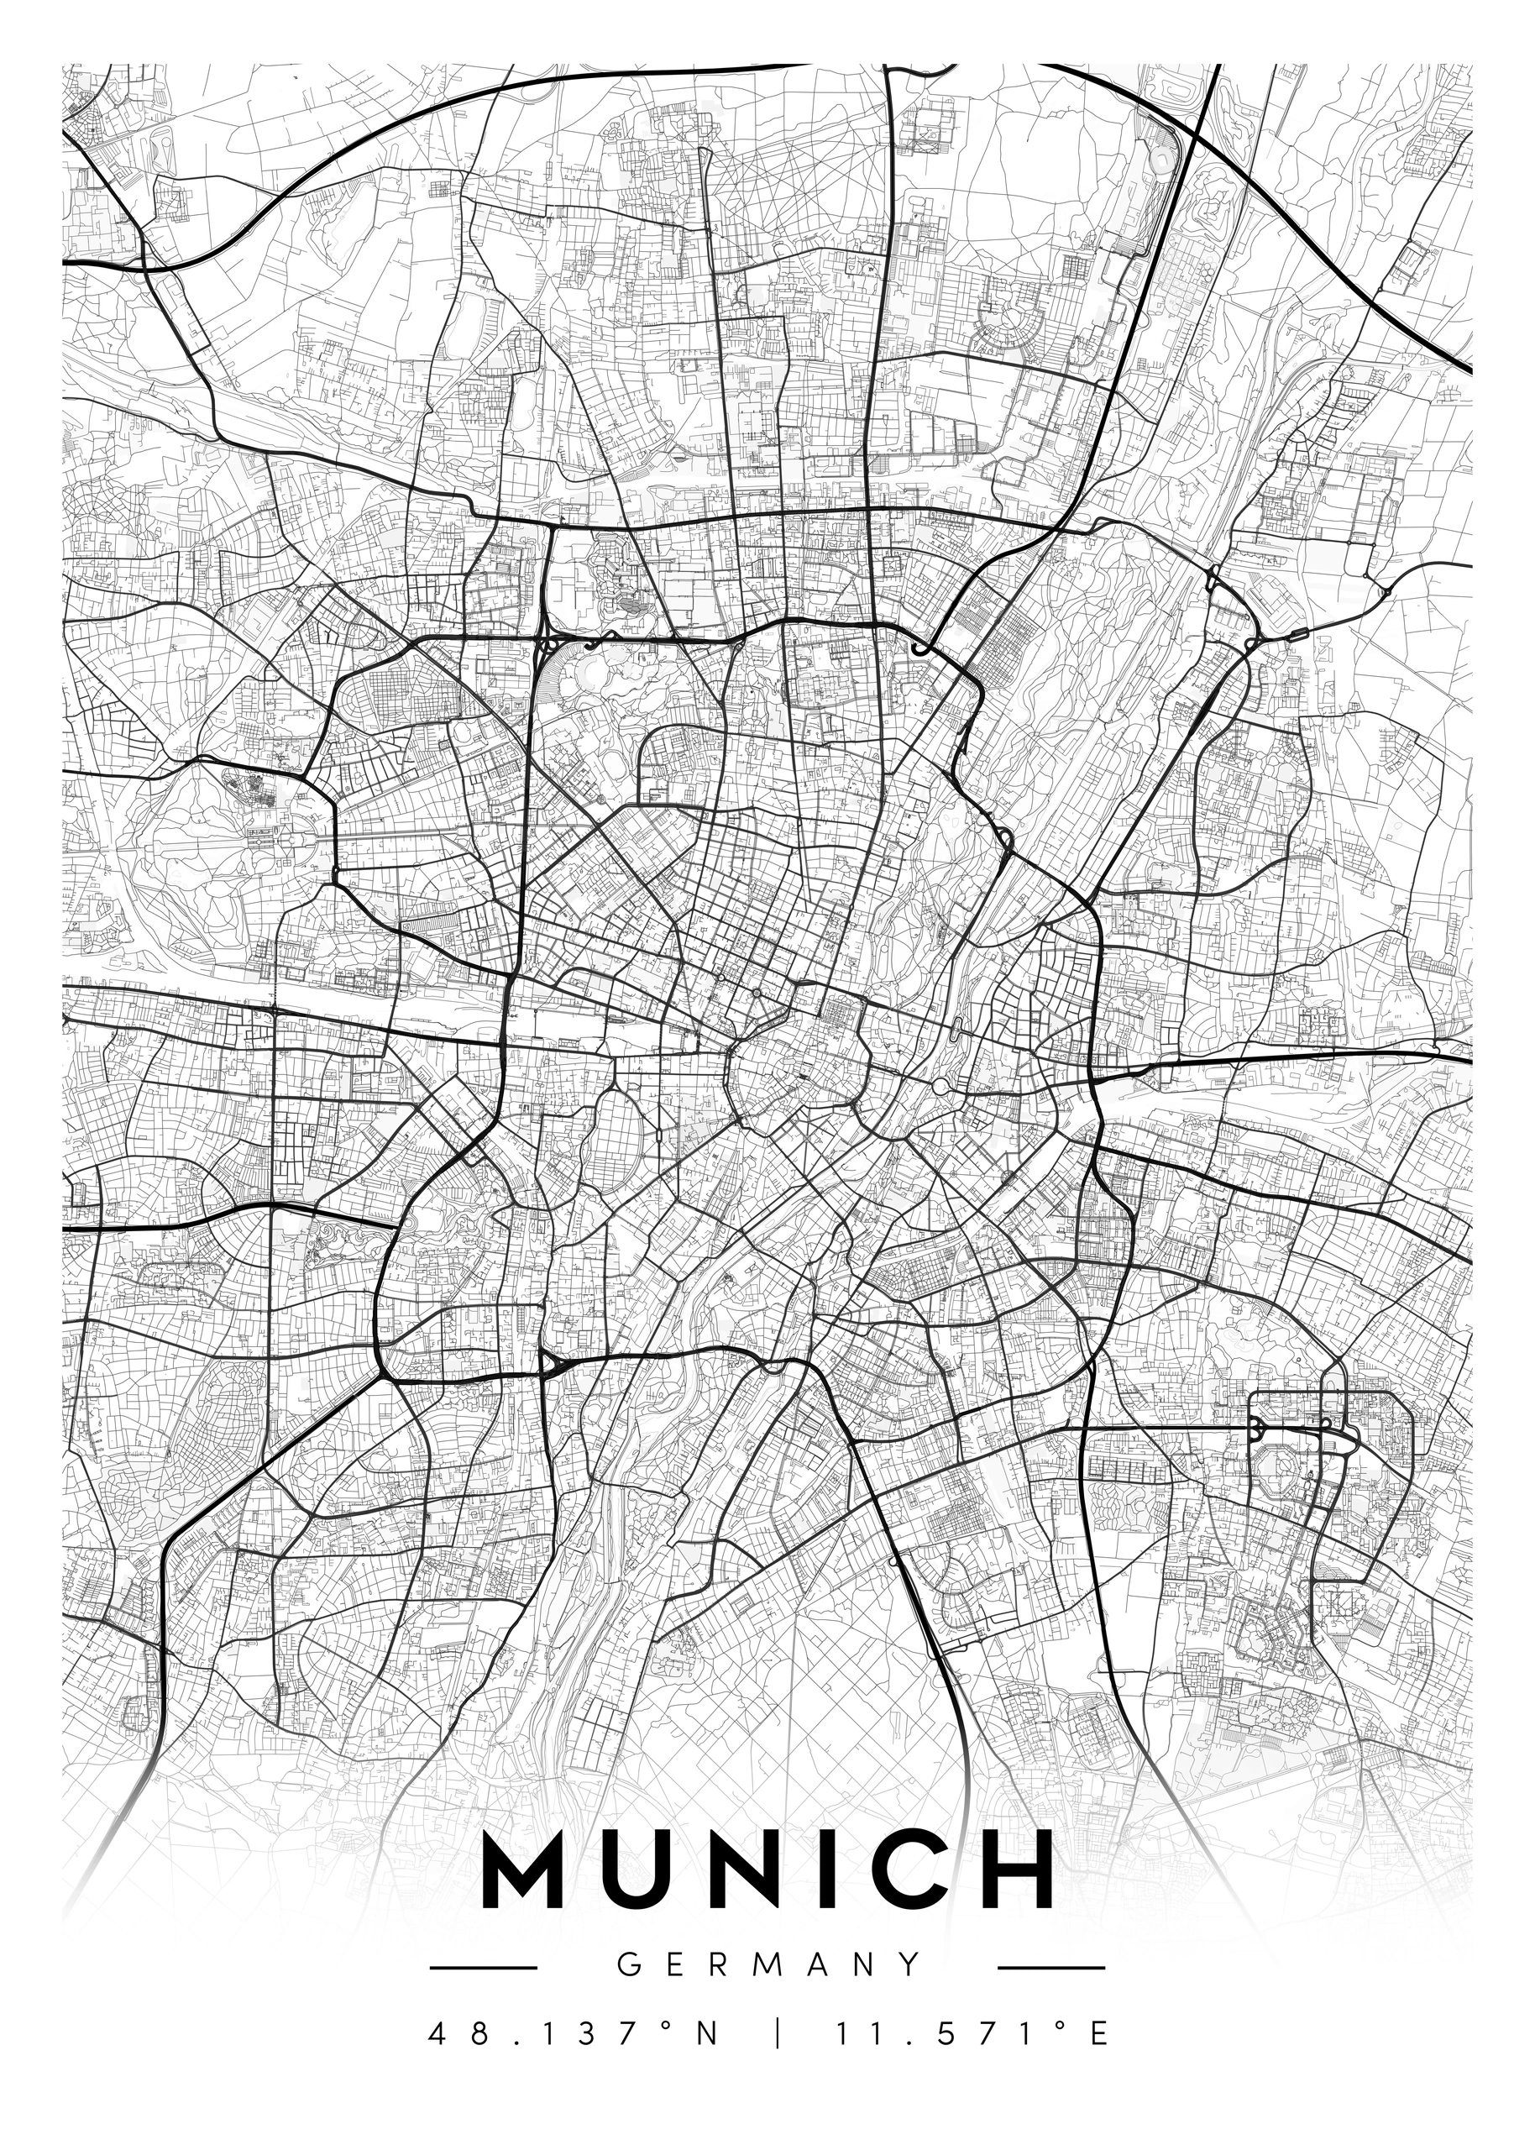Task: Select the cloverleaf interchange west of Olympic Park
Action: point(549,646)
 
